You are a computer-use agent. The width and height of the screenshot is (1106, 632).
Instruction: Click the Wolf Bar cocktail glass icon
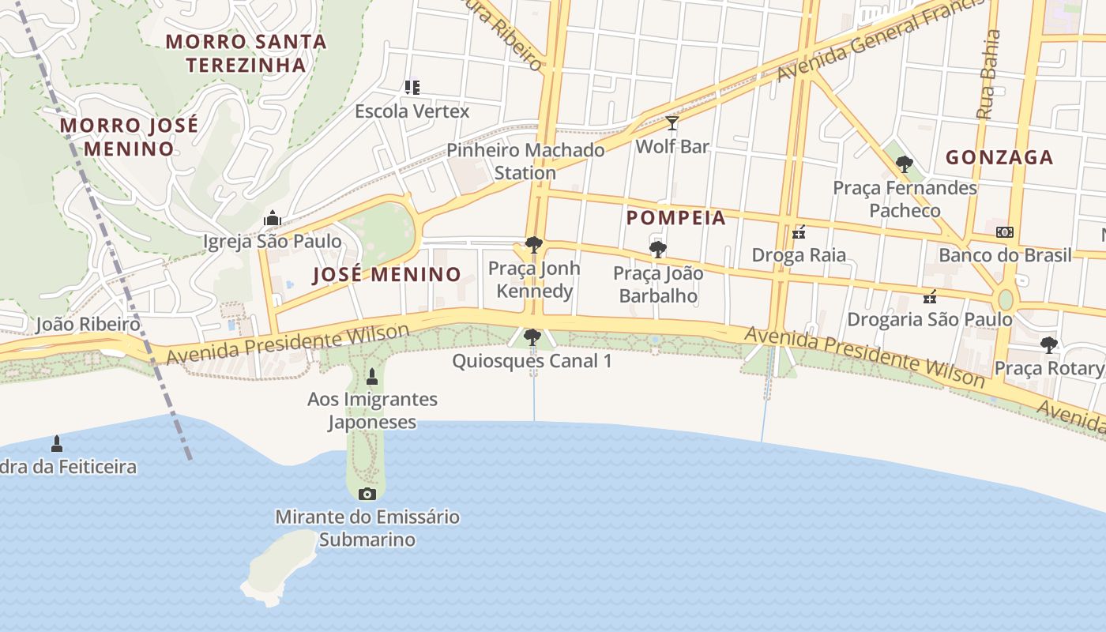coord(672,123)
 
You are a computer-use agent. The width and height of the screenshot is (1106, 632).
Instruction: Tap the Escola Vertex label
coord(412,111)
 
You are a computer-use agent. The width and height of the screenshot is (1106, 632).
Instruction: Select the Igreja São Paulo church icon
coord(273,218)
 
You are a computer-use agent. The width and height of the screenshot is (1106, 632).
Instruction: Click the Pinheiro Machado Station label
coord(525,161)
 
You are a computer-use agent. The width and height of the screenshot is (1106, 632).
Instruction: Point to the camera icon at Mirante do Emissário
coord(367,495)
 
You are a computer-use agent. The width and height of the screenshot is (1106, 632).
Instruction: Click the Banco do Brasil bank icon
coord(1005,232)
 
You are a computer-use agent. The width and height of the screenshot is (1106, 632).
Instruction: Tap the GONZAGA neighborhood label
coord(999,157)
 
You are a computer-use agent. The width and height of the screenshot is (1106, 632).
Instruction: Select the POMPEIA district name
coord(675,218)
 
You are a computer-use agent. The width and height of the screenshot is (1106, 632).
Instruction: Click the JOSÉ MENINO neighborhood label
coord(386,275)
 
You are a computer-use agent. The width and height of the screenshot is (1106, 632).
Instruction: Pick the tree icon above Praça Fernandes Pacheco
coord(905,164)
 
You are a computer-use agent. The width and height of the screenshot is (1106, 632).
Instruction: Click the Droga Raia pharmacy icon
coord(799,232)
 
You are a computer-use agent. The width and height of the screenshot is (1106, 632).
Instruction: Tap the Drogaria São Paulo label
coord(929,319)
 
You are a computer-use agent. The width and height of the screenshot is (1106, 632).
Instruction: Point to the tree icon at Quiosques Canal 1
coord(532,337)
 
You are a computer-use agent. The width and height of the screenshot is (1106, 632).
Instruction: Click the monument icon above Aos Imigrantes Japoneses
coord(372,376)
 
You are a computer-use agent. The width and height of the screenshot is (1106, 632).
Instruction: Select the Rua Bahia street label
coord(987,74)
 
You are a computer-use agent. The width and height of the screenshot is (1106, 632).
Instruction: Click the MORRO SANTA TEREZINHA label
coord(246,53)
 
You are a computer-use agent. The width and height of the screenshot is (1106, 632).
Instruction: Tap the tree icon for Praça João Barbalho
coord(657,250)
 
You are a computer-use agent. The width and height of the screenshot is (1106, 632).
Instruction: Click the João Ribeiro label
coord(88,324)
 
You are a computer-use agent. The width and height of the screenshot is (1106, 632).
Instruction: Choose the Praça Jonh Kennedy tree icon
coord(534,245)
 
